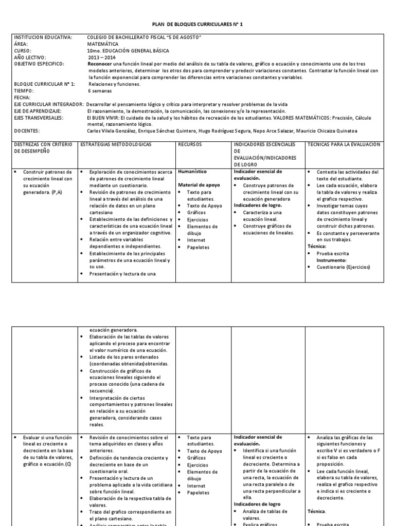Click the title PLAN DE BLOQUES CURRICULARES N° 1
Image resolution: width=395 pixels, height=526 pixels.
pos(197,24)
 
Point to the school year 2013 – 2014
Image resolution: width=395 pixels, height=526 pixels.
pos(101,58)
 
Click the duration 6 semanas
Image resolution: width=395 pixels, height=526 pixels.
pos(100,90)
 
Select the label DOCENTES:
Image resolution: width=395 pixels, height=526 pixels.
pos(27,131)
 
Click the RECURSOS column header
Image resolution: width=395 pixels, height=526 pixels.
pos(190,145)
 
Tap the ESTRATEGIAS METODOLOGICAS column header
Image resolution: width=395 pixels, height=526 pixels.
pos(116,145)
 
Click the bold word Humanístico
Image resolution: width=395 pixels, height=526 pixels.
pos(192,171)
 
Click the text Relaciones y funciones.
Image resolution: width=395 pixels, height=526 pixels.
pos(114,84)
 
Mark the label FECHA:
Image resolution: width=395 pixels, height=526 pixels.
pos(23,97)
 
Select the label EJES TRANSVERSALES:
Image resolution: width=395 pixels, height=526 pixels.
pos(39,118)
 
